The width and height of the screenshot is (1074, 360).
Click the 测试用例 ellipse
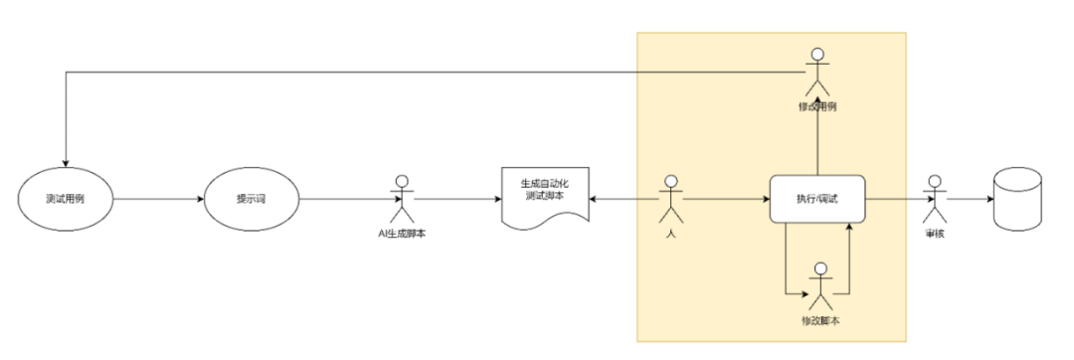tap(65, 199)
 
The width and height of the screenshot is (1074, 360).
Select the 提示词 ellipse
tap(251, 199)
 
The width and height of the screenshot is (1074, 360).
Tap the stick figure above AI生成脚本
tap(402, 199)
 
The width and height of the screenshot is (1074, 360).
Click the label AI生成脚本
tap(402, 234)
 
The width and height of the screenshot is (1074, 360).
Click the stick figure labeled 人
tap(671, 197)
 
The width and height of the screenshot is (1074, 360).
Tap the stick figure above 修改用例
tap(817, 68)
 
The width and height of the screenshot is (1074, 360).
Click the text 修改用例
tap(817, 104)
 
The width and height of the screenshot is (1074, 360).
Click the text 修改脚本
tap(821, 321)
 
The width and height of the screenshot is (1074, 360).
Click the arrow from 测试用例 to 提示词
tap(159, 199)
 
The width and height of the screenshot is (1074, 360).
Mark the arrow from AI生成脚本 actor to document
tap(457, 199)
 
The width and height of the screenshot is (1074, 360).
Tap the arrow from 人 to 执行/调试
tap(726, 199)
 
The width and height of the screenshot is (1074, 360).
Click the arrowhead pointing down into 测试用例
tap(65, 164)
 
